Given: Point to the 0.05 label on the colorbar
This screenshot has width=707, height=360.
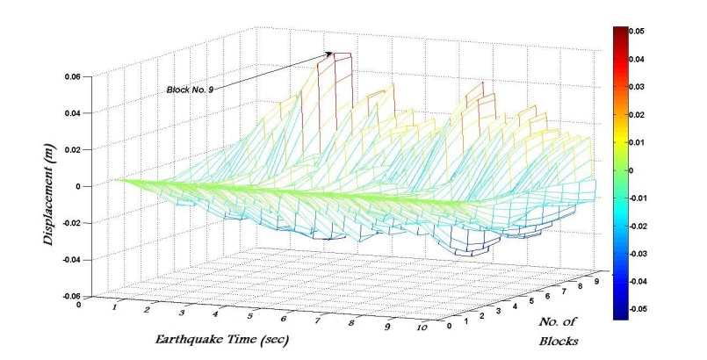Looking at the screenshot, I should (638, 31).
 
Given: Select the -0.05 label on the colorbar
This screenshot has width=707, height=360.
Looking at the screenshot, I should (639, 310).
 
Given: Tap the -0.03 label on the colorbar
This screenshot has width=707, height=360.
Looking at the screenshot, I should (639, 255).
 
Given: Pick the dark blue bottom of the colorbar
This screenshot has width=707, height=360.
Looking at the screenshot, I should (618, 313).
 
